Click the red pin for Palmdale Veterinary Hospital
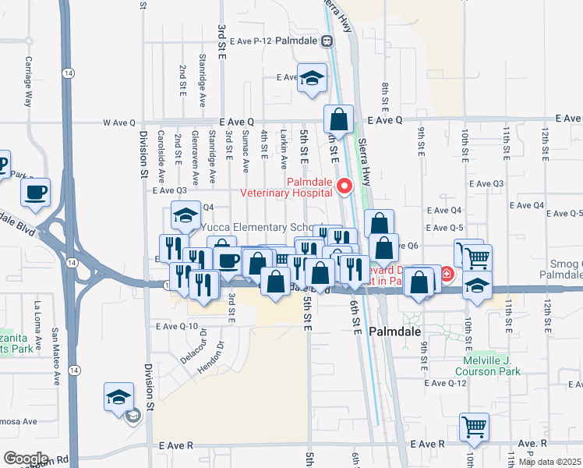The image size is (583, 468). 343,186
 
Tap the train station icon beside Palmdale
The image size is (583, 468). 330,40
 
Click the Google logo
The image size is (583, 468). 26,458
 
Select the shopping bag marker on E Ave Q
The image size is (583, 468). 338,120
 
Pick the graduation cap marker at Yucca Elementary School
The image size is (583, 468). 185,214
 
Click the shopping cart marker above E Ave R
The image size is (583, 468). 473,426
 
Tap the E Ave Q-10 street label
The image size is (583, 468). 179,326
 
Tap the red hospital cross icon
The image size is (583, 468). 447,274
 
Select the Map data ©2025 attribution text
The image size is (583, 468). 549,462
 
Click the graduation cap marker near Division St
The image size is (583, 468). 118,397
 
